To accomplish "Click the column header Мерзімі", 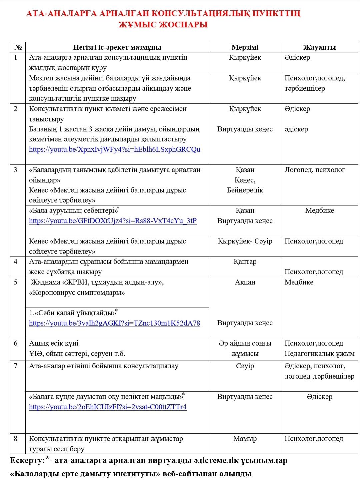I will click(245, 47).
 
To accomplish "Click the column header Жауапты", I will click(319, 47).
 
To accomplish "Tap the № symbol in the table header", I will click(18, 47).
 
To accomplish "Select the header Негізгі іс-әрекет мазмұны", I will click(117, 47).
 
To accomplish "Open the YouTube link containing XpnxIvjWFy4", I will click(115, 149).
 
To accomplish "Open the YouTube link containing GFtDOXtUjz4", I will click(113, 221).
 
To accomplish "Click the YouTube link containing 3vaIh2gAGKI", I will click(115, 323).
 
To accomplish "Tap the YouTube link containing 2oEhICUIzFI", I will click(108, 407).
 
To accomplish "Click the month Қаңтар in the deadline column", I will click(245, 262).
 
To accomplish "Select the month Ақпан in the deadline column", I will click(245, 282).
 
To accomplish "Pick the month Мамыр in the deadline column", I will click(245, 439).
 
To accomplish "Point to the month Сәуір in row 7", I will click(245, 366).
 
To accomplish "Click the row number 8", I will click(16, 439).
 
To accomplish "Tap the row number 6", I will click(16, 343).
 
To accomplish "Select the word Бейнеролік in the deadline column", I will click(245, 190).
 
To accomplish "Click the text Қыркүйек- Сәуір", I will click(245, 241).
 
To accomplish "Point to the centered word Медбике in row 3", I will click(319, 210).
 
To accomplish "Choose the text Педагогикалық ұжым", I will click(319, 354).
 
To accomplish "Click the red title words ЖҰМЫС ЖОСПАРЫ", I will click(163, 25).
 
